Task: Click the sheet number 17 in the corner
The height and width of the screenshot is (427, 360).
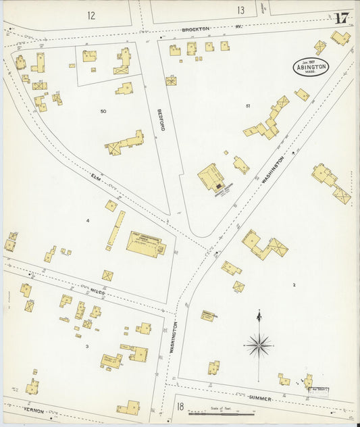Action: coord(341,18)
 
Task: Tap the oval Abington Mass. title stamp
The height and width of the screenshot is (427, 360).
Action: coord(311,67)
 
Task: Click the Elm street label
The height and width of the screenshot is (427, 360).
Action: coord(99,178)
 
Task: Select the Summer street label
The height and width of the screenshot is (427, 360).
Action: coord(259,398)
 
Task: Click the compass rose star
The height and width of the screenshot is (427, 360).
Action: coord(259,346)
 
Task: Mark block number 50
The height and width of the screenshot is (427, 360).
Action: coord(103,111)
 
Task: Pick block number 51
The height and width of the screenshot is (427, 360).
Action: coord(248,105)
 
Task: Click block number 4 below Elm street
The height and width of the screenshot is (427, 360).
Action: coord(87,221)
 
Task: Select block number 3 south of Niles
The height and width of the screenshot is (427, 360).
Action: coord(86,346)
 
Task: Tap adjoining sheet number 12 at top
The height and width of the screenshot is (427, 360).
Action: coord(91,14)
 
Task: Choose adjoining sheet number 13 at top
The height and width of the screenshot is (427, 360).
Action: coord(240,10)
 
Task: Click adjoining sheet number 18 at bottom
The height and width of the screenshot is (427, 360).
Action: coord(180,406)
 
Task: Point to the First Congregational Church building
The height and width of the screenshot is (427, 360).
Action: coord(145,244)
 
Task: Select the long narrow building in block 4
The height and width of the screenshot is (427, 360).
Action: coord(115,228)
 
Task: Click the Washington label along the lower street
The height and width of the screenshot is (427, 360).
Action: coord(174,338)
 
